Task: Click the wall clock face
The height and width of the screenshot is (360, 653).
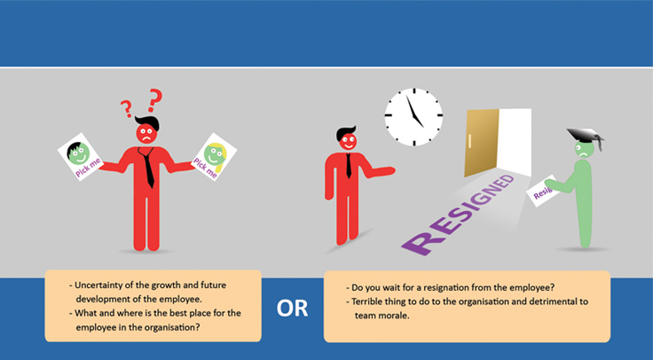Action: pyautogui.click(x=413, y=117)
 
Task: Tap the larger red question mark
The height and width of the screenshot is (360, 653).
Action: pyautogui.click(x=155, y=100)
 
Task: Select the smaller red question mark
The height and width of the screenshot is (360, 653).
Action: pyautogui.click(x=127, y=109)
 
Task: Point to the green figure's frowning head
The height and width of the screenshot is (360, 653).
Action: pyautogui.click(x=585, y=150)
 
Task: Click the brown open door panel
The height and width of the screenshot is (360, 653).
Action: pyautogui.click(x=482, y=143)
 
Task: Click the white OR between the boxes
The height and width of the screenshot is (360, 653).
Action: pyautogui.click(x=292, y=309)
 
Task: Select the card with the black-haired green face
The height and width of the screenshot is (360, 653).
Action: pyautogui.click(x=81, y=157)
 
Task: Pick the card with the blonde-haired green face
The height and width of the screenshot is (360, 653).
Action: pyautogui.click(x=214, y=156)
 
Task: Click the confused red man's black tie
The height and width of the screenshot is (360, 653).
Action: pyautogui.click(x=147, y=167)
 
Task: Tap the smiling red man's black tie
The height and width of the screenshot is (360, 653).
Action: pyautogui.click(x=349, y=166)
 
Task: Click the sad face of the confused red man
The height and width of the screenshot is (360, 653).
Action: pyautogui.click(x=146, y=133)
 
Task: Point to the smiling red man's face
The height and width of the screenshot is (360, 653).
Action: pyautogui.click(x=348, y=142)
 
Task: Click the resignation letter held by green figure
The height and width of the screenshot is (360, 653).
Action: pyautogui.click(x=543, y=191)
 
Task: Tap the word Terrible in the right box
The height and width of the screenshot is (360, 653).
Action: pyautogui.click(x=366, y=301)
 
